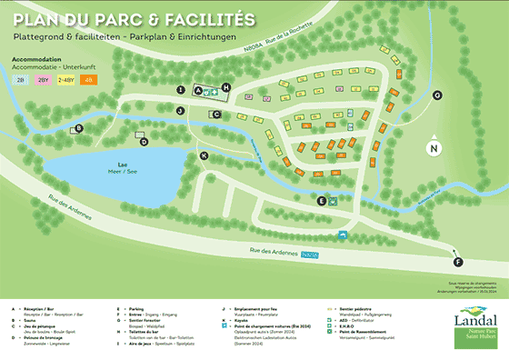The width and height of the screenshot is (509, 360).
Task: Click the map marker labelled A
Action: point(183,89)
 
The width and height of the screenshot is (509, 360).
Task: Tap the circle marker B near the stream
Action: point(79,128)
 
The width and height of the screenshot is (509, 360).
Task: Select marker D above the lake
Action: point(144,141)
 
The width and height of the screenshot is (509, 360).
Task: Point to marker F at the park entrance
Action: point(457,262)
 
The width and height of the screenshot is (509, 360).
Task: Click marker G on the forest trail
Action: point(437,95)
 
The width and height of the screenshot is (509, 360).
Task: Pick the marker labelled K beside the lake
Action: point(205,155)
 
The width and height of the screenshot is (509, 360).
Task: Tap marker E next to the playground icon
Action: point(321,200)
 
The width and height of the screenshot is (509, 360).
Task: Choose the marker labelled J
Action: point(181,110)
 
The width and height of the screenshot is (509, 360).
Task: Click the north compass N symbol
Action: point(434,148)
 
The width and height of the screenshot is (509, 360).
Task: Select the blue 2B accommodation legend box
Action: point(21,80)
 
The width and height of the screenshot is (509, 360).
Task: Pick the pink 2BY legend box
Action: point(44,80)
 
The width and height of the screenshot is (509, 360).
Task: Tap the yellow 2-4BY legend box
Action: point(66,80)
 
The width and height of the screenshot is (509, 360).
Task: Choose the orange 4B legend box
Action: point(88,80)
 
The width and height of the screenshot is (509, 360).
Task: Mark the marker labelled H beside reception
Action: point(226,88)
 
